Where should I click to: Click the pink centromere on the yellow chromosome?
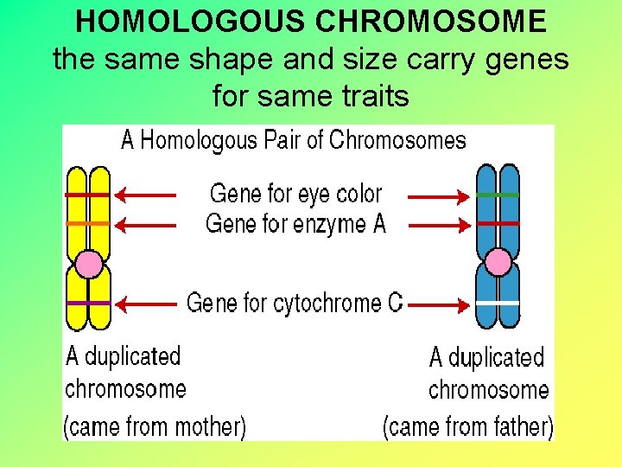(89, 264)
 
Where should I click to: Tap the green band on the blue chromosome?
(498, 195)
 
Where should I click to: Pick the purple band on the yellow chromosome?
(88, 303)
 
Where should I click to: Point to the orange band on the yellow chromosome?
(88, 224)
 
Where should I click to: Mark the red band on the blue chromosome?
(498, 223)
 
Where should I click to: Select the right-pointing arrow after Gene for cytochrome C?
(439, 304)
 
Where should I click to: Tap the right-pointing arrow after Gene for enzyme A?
(439, 225)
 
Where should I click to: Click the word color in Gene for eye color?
(359, 194)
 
